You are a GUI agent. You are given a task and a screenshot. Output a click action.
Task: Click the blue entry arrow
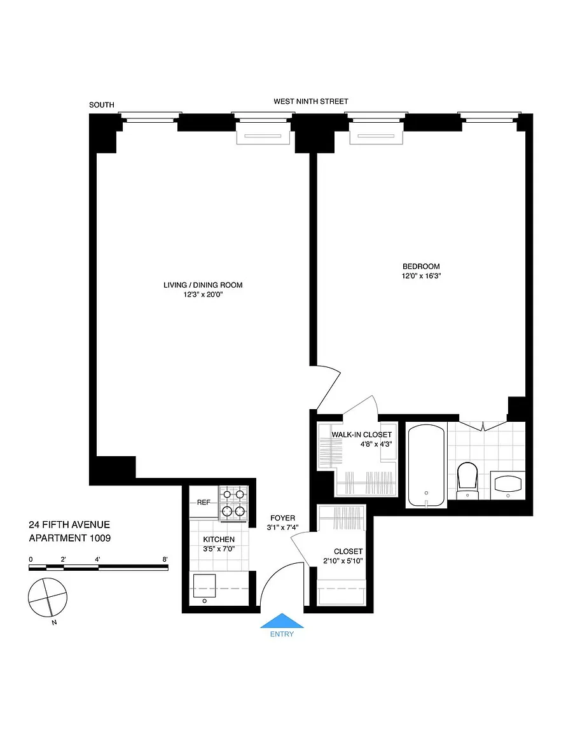pyautogui.click(x=282, y=620)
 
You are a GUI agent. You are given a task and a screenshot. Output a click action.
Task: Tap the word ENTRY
pyautogui.click(x=282, y=634)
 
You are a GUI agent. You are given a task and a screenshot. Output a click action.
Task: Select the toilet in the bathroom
pyautogui.click(x=467, y=480)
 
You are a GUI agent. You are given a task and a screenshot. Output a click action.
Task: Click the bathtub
pyautogui.click(x=426, y=465)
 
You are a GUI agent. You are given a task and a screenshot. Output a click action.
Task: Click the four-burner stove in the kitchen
pyautogui.click(x=233, y=503)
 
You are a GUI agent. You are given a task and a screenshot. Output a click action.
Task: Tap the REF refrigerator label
pyautogui.click(x=204, y=503)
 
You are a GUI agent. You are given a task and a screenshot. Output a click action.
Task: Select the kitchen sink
pyautogui.click(x=204, y=586)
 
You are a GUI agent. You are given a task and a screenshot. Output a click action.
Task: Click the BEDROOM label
pyautogui.click(x=421, y=267)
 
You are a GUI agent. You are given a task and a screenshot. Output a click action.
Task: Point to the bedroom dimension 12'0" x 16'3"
pyautogui.click(x=421, y=276)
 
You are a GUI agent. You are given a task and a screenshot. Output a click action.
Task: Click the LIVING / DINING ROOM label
pyautogui.click(x=203, y=285)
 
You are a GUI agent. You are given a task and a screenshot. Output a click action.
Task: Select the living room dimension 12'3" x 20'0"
pyautogui.click(x=203, y=295)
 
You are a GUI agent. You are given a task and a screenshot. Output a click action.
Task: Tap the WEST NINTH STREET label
pyautogui.click(x=311, y=101)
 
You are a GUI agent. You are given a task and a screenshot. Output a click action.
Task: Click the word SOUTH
pyautogui.click(x=101, y=105)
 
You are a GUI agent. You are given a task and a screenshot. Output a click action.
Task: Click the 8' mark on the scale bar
pyautogui.click(x=165, y=559)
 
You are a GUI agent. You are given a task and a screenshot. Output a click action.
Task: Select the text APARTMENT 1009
pyautogui.click(x=70, y=538)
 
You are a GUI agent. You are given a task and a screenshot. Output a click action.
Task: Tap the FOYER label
pyautogui.click(x=283, y=518)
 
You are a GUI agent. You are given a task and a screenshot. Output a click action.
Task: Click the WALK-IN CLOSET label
pyautogui.click(x=362, y=435)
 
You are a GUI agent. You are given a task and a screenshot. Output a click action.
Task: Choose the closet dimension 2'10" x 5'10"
pyautogui.click(x=343, y=561)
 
